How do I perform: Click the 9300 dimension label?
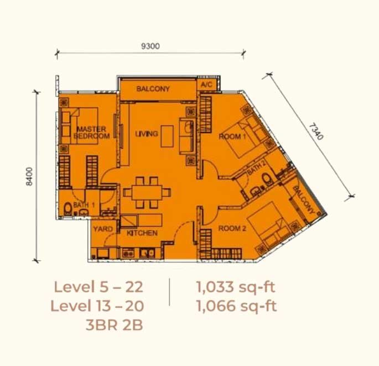[150, 46]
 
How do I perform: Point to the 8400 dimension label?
[29, 176]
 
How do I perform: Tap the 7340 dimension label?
[316, 132]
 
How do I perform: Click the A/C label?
[206, 84]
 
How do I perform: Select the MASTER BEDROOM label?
[92, 133]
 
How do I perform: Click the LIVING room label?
[147, 134]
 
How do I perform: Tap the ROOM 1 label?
[232, 136]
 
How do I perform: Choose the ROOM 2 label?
[232, 228]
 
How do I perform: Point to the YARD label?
[103, 229]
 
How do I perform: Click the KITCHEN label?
[142, 233]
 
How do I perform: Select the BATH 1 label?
[84, 205]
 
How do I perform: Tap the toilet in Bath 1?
[68, 209]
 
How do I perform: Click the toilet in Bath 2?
[267, 180]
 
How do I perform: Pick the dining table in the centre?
[147, 192]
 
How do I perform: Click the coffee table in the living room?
[167, 136]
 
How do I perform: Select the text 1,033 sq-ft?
[236, 287]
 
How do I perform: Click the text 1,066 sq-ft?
[236, 306]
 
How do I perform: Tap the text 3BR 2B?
[114, 325]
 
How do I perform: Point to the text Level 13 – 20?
[97, 306]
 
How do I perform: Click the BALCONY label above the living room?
[153, 89]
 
